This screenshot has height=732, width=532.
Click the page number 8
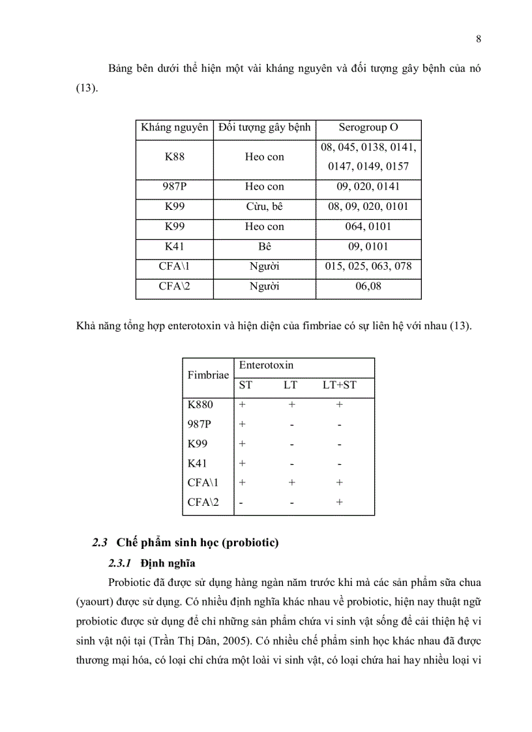479,39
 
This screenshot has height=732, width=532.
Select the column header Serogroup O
368,128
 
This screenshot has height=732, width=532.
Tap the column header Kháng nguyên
174,128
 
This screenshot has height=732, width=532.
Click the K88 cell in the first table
174,157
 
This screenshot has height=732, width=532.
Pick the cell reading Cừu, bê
265,207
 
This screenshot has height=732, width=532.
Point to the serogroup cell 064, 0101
368,227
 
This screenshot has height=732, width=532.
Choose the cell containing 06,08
368,285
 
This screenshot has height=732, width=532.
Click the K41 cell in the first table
174,246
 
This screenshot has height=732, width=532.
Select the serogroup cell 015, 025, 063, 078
368,266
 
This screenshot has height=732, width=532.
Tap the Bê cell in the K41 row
265,246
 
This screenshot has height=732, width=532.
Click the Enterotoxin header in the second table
266,366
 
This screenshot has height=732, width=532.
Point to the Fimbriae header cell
208,375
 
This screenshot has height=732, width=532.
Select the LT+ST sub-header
340,385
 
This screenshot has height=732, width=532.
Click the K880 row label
200,405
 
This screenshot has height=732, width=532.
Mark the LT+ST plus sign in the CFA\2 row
340,503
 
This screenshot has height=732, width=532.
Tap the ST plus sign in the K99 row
243,444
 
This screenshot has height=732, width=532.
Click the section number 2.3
99,542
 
